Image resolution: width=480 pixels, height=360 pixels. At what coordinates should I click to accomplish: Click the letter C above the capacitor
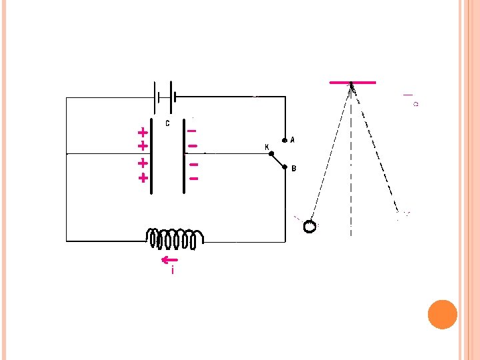tap(167, 123)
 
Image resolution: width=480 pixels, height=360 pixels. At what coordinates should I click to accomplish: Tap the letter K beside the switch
tap(267, 147)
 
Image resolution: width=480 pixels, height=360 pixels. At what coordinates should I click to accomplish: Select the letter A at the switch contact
tap(293, 140)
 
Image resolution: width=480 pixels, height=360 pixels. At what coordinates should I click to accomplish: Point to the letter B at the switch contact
tap(294, 169)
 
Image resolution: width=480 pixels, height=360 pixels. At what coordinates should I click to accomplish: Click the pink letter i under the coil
tap(173, 270)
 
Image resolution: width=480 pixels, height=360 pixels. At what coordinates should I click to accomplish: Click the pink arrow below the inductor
tap(169, 259)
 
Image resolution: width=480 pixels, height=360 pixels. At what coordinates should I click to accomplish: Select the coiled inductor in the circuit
tap(175, 238)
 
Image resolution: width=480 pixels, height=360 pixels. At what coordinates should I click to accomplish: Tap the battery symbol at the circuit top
tap(165, 97)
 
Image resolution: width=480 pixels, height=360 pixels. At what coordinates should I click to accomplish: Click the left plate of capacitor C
tap(151, 157)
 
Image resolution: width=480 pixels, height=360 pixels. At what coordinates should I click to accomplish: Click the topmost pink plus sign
tap(142, 132)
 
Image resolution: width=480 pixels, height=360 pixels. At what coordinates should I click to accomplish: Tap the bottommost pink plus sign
tap(142, 178)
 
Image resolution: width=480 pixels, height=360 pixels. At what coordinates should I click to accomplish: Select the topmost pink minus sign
tap(191, 131)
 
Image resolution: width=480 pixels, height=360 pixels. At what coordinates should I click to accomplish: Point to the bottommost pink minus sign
tap(194, 179)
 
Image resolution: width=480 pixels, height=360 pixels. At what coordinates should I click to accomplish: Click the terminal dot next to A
tap(284, 141)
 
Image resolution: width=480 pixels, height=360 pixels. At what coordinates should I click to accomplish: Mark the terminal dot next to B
tap(284, 168)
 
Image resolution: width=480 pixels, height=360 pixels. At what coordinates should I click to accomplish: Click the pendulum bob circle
tap(310, 227)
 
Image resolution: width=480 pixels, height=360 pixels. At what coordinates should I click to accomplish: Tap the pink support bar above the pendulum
tap(353, 82)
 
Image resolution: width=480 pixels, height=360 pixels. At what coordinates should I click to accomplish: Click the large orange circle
tap(442, 314)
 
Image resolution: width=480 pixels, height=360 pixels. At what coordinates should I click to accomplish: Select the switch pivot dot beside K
tap(271, 154)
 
